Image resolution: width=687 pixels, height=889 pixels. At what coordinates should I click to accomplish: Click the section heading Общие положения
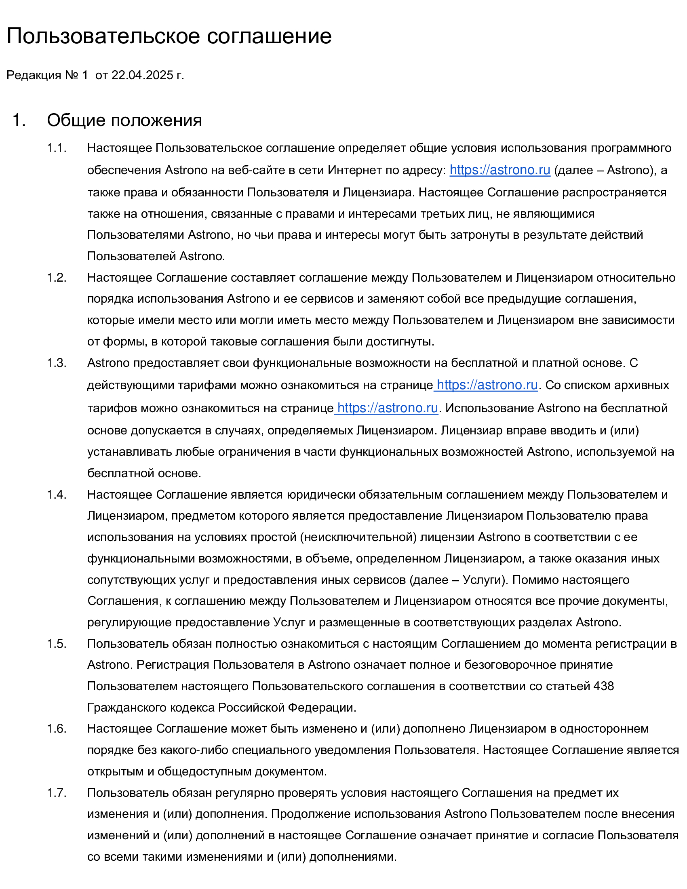click(x=124, y=120)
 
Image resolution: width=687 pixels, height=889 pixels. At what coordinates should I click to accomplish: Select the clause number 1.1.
click(x=57, y=148)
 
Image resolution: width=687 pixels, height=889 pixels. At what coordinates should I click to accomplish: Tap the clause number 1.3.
click(x=57, y=363)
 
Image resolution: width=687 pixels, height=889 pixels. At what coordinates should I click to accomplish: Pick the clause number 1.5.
click(x=57, y=644)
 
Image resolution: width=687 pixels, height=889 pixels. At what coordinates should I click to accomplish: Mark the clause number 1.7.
click(x=57, y=792)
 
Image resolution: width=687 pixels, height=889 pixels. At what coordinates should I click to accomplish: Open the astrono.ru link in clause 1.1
click(x=500, y=170)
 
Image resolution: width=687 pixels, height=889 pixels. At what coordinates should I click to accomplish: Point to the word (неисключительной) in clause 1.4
click(x=358, y=537)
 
